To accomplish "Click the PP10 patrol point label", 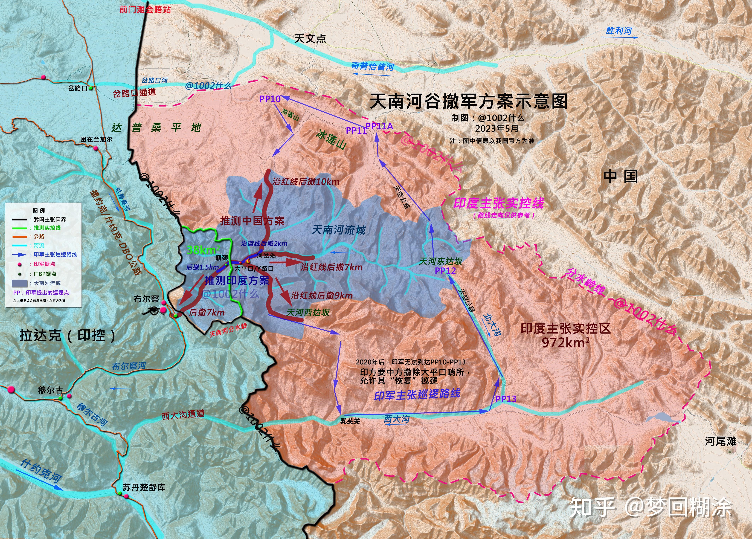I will click(x=270, y=99).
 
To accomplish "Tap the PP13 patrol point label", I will click(x=506, y=399).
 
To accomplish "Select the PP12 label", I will click(x=445, y=271).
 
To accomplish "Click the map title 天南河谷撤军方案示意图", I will click(x=468, y=101).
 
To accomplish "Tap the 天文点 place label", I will click(x=310, y=39).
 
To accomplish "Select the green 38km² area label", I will click(x=203, y=250).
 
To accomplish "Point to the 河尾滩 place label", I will click(x=720, y=441).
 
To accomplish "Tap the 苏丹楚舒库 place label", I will click(x=144, y=487).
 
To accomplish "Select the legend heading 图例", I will click(x=39, y=210).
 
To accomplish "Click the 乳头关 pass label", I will click(x=350, y=421).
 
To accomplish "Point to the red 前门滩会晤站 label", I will click(x=145, y=9).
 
